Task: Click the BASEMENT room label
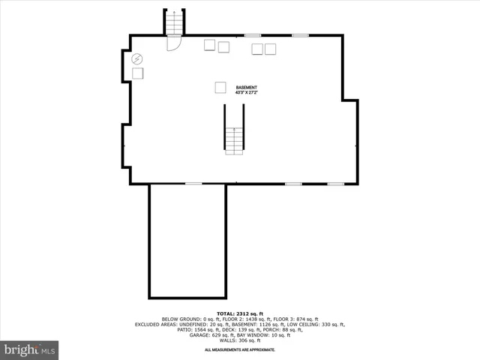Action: (245, 86)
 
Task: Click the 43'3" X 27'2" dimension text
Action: (245, 92)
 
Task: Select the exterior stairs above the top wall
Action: (174, 22)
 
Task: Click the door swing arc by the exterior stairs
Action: (173, 44)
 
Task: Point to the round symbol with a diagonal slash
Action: (137, 58)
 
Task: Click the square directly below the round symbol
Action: (138, 73)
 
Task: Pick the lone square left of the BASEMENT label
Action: (220, 87)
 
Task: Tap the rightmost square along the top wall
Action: (270, 49)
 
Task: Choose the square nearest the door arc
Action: (209, 46)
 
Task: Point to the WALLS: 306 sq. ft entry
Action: (239, 340)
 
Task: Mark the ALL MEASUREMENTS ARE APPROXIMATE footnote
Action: (239, 349)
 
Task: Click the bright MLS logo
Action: (29, 349)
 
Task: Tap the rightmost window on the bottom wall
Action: (336, 184)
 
